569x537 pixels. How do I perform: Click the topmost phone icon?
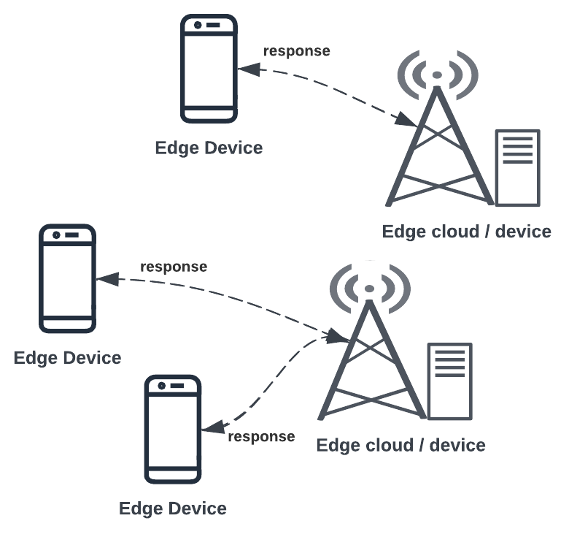(x=209, y=69)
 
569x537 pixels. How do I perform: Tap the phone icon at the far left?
(x=67, y=278)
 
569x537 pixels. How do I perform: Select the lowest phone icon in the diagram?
(x=173, y=429)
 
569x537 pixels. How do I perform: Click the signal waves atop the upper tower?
(x=437, y=75)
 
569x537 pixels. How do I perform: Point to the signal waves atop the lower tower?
(x=370, y=289)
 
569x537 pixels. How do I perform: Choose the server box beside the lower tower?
(x=449, y=381)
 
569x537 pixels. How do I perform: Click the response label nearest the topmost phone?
(x=296, y=51)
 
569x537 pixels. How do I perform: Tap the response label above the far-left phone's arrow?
(x=174, y=267)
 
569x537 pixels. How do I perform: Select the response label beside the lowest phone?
(x=261, y=437)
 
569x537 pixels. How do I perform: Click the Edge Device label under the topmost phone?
(x=209, y=148)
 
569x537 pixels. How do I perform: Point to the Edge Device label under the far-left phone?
(x=67, y=358)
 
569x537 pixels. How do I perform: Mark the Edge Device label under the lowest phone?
(x=173, y=509)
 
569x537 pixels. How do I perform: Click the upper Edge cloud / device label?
(x=467, y=232)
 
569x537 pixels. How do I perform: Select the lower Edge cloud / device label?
(x=400, y=445)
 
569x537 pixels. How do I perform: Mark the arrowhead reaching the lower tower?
(x=336, y=337)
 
